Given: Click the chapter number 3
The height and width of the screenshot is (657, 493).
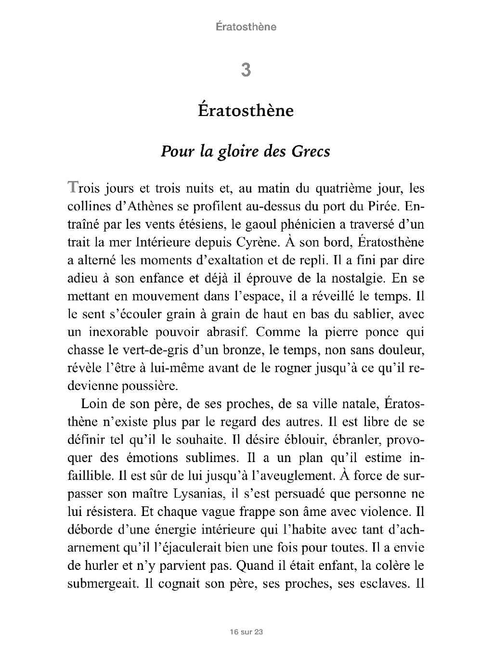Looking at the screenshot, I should coord(246,70).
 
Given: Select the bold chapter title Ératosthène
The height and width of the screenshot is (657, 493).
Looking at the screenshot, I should coord(246,111).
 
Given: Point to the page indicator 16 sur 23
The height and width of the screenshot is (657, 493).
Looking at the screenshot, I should coord(246,631).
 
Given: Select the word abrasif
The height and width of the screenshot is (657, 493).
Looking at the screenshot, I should coord(228,332).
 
